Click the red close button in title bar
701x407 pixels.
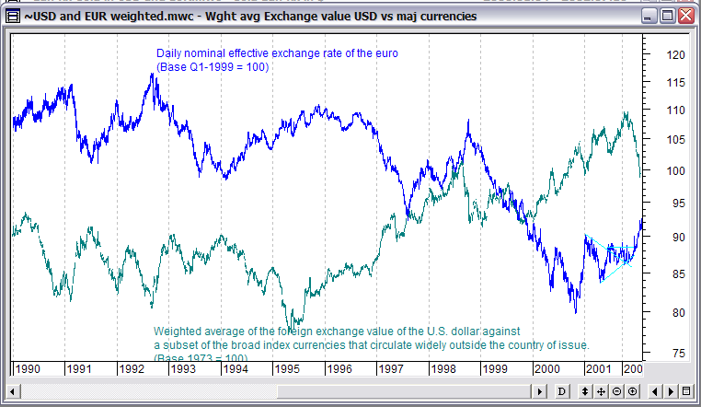pyautogui.click(x=686, y=17)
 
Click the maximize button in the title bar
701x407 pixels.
pyautogui.click(x=669, y=17)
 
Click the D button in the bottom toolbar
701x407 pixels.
pyautogui.click(x=562, y=391)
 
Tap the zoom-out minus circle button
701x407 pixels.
pyautogui.click(x=616, y=391)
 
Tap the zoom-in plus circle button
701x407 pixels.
pyautogui.click(x=633, y=391)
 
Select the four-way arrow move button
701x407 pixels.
pyautogui.click(x=601, y=391)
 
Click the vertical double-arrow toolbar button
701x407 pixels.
pyautogui.click(x=585, y=391)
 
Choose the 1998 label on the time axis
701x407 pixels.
pyautogui.click(x=445, y=368)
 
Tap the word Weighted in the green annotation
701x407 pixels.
pyautogui.click(x=176, y=330)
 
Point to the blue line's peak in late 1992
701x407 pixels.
pyautogui.click(x=153, y=75)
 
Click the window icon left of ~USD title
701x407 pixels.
pyautogui.click(x=12, y=17)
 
